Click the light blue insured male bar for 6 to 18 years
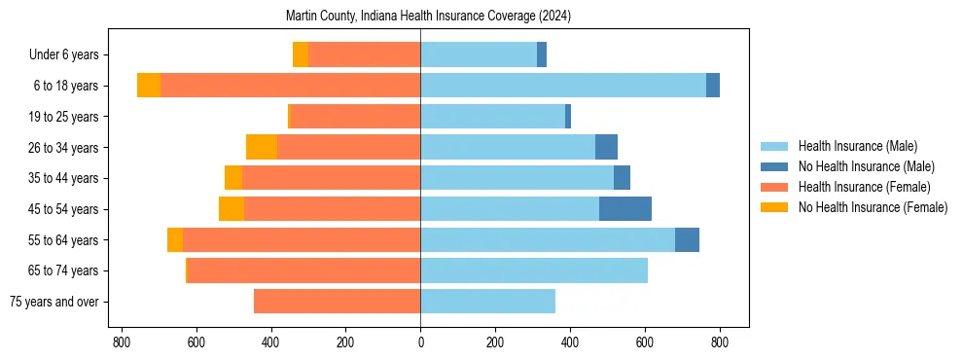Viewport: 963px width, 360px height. pyautogui.click(x=563, y=86)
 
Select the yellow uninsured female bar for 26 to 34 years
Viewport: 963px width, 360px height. pyautogui.click(x=262, y=147)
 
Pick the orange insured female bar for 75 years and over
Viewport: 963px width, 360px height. pyautogui.click(x=337, y=302)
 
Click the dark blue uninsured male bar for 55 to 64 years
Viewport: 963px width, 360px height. pyautogui.click(x=687, y=240)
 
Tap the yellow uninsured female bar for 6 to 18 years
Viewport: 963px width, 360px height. pyautogui.click(x=149, y=86)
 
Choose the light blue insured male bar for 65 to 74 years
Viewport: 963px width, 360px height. pyautogui.click(x=534, y=270)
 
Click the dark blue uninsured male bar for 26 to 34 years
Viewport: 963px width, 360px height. pyautogui.click(x=606, y=147)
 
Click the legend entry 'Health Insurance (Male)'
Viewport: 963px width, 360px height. pyautogui.click(x=857, y=146)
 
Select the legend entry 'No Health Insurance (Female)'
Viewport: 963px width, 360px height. pyautogui.click(x=873, y=207)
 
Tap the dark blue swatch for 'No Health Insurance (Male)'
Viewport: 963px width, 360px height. pyautogui.click(x=775, y=166)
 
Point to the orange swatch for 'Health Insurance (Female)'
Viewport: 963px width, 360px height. pyautogui.click(x=775, y=187)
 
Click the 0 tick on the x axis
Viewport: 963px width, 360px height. pyautogui.click(x=420, y=342)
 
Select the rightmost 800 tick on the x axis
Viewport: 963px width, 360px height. pyautogui.click(x=720, y=342)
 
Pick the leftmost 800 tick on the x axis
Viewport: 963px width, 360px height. pyautogui.click(x=122, y=342)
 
